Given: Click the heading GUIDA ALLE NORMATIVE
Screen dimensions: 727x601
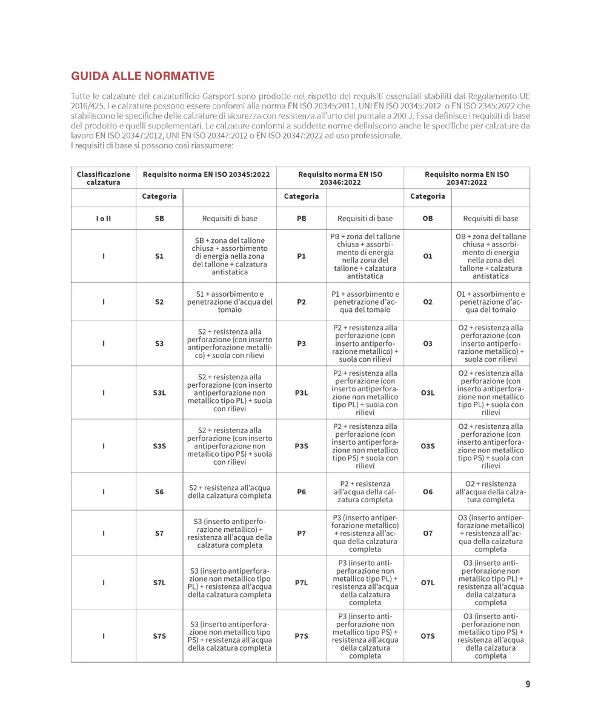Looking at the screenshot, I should click(x=143, y=76).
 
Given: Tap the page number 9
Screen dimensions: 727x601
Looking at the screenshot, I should click(x=528, y=684).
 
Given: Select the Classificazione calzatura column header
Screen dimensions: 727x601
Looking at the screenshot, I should click(x=104, y=178).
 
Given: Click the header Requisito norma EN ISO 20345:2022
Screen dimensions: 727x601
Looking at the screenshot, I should click(x=206, y=174).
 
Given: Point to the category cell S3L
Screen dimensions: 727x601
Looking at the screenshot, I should click(x=159, y=393).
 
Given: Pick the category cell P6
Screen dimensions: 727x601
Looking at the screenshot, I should click(x=301, y=492).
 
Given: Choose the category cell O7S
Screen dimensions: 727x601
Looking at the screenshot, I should click(x=428, y=637).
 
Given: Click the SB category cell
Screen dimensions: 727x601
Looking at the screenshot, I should click(x=159, y=219).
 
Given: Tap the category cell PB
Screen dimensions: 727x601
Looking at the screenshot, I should click(x=301, y=219).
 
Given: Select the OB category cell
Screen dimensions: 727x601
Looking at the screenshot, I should click(x=428, y=219).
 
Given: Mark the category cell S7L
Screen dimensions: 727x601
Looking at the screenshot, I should click(x=159, y=583).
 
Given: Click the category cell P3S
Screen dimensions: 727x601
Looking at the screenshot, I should click(x=301, y=446).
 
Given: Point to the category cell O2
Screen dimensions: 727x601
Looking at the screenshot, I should click(x=428, y=302).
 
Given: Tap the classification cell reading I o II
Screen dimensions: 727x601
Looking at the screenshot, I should click(x=104, y=219).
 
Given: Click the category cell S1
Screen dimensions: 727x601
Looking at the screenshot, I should click(x=159, y=256).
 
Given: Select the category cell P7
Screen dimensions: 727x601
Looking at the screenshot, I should click(x=301, y=534).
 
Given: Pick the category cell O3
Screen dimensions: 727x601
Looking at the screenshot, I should click(x=428, y=344).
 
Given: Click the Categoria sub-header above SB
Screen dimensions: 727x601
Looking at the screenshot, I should click(x=159, y=196).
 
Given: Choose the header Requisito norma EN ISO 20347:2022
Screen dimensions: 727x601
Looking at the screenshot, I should click(x=467, y=178).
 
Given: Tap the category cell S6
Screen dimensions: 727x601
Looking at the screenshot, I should click(x=159, y=492).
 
